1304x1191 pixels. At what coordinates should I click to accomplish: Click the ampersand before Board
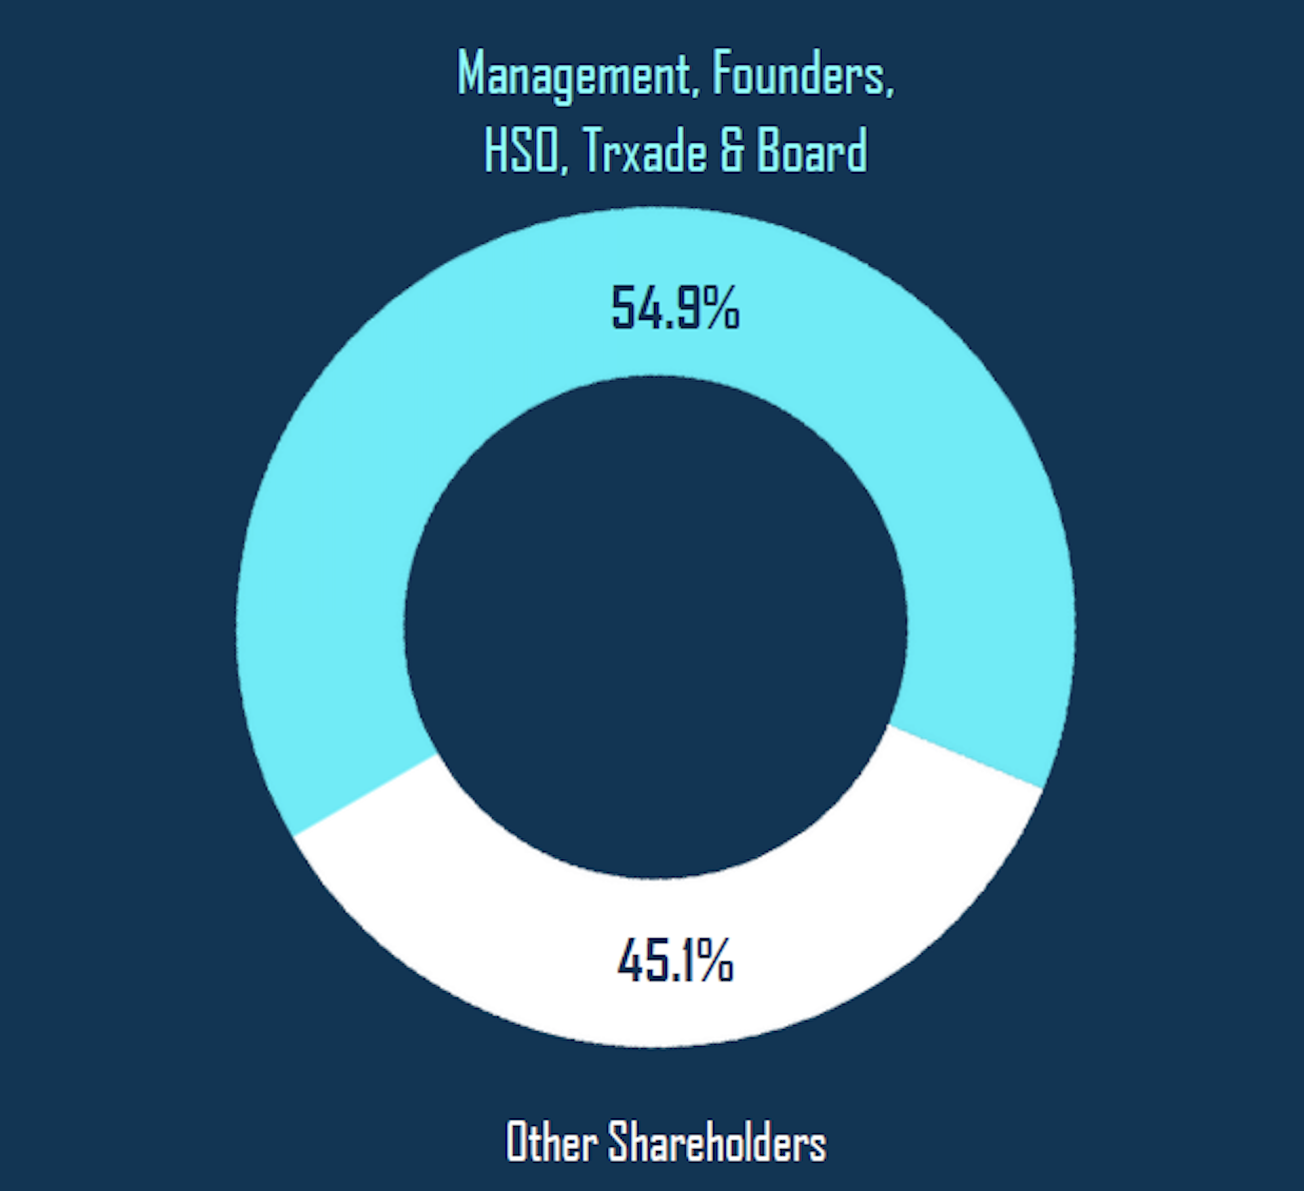(x=732, y=151)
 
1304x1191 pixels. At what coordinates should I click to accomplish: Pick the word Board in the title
(x=812, y=151)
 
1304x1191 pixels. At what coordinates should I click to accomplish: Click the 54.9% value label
(x=675, y=308)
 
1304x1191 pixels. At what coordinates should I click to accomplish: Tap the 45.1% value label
(x=675, y=961)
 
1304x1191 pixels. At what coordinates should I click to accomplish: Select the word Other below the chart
(x=551, y=1142)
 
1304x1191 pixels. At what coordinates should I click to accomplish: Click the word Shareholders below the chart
(x=718, y=1142)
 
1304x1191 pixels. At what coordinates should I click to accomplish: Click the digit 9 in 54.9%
(x=691, y=308)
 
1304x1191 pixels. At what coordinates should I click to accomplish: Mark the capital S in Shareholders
(x=620, y=1142)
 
